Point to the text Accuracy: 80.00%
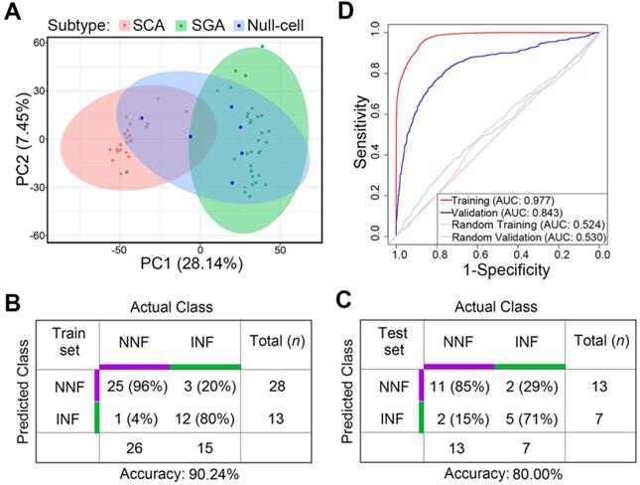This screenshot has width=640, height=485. (x=493, y=475)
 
